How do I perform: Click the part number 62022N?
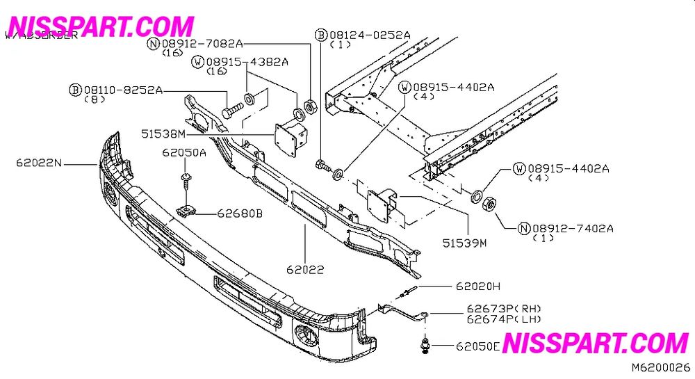click(x=40, y=163)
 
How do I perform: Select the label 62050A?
click(x=184, y=152)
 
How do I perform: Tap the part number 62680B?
click(x=239, y=213)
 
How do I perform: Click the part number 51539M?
click(x=464, y=243)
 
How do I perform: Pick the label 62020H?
click(x=478, y=286)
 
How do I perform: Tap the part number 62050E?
click(x=478, y=346)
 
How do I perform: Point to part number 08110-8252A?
click(x=123, y=90)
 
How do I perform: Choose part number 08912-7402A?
click(x=573, y=228)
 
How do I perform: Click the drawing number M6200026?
click(x=660, y=366)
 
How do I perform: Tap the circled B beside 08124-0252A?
click(x=321, y=34)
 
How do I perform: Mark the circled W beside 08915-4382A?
click(x=199, y=62)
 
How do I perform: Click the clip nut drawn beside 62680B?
click(x=185, y=210)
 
